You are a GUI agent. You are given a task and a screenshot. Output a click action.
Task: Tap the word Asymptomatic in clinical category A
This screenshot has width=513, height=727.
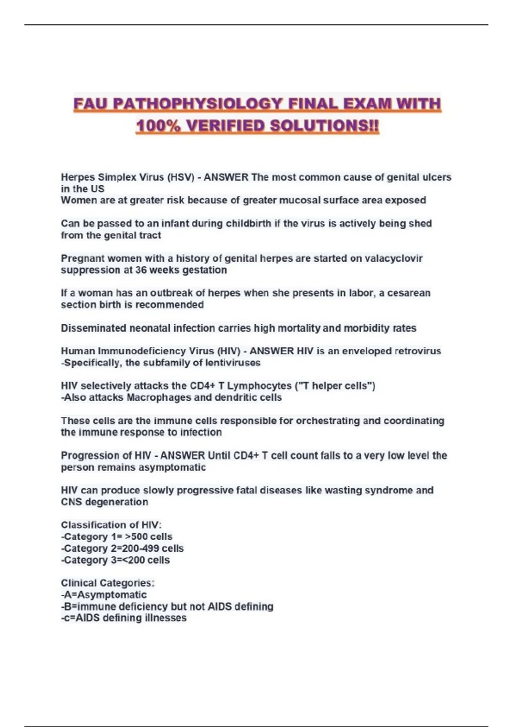tap(112, 594)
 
